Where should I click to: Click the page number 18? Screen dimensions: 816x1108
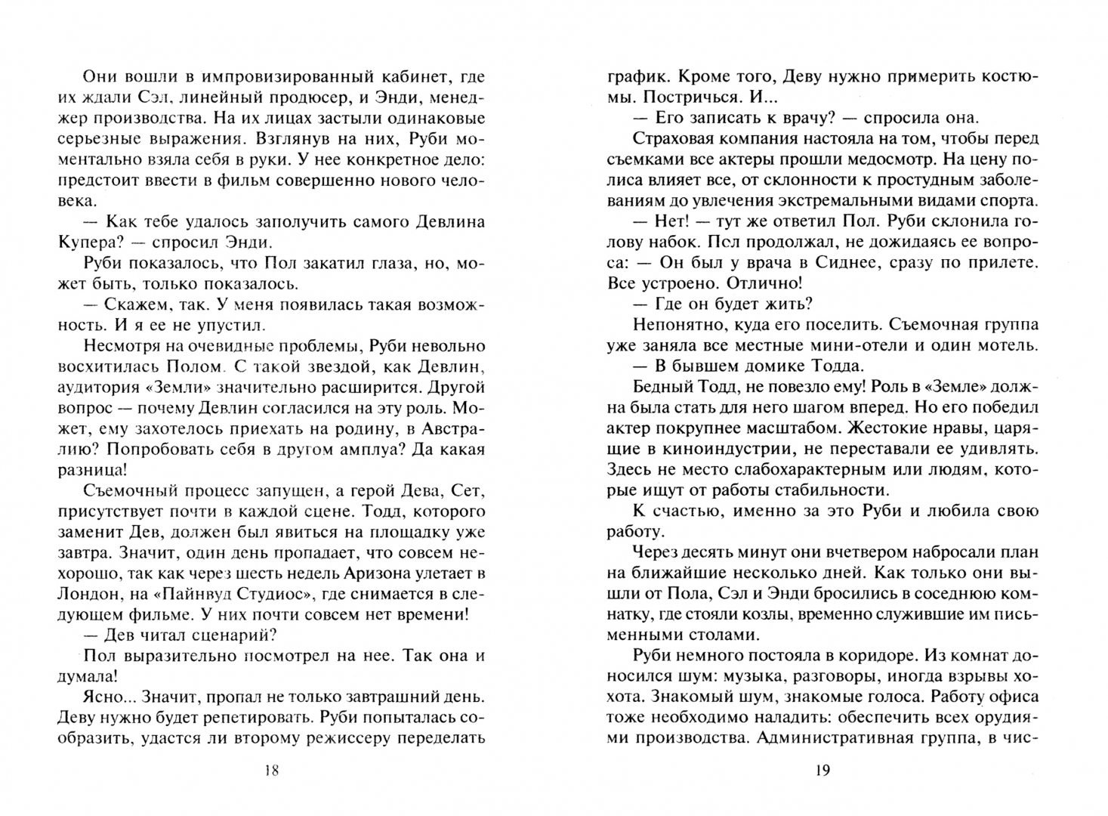pos(273,771)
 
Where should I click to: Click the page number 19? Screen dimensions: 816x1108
pos(823,771)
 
